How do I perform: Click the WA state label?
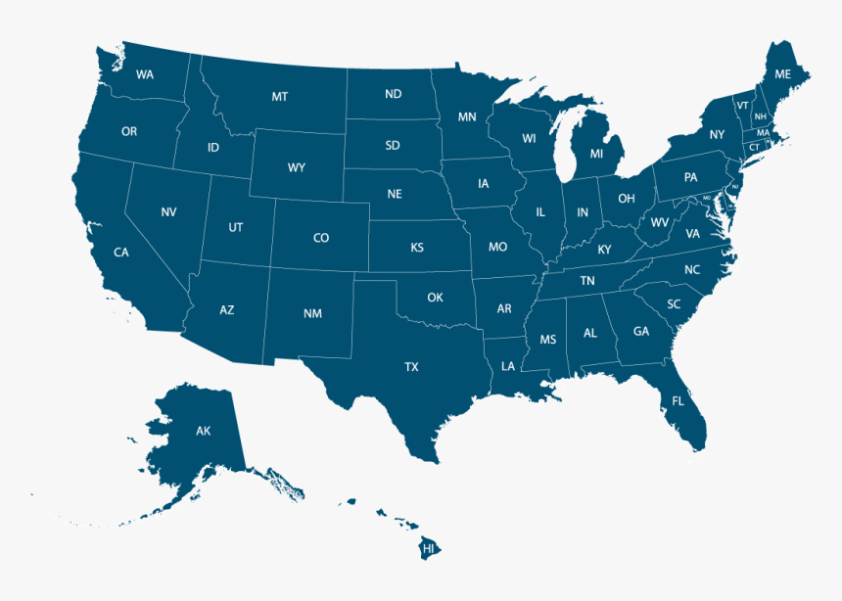(145, 74)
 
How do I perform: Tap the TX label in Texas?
(411, 367)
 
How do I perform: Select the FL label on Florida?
(678, 400)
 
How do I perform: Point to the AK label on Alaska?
(203, 431)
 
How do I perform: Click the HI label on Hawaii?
(428, 549)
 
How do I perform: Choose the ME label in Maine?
(782, 74)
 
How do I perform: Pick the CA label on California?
(120, 253)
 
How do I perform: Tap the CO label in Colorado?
(321, 238)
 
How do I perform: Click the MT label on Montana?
(280, 96)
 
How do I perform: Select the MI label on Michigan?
(596, 154)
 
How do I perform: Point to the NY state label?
(718, 135)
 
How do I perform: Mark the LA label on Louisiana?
(508, 366)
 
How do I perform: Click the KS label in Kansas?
(417, 248)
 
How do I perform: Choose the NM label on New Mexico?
(312, 314)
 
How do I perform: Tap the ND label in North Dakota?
(394, 94)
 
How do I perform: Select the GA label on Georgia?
(641, 331)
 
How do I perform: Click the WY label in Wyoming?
(296, 167)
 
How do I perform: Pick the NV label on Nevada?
(168, 212)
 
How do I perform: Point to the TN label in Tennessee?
(587, 281)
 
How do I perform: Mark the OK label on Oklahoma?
(435, 297)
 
